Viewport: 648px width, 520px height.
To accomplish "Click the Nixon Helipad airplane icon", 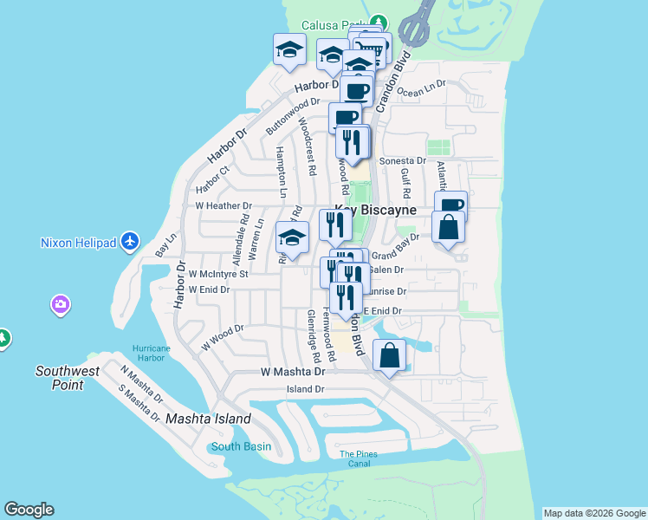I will click(x=130, y=240).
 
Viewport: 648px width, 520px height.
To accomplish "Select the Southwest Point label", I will click(x=60, y=378).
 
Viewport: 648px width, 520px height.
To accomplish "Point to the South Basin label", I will click(x=242, y=447).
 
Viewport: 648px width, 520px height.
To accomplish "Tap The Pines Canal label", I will click(x=360, y=458).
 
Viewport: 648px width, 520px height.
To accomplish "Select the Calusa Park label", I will click(x=334, y=24).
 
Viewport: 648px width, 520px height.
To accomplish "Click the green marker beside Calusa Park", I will click(x=378, y=22).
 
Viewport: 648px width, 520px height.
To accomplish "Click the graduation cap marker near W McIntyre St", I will click(x=292, y=239).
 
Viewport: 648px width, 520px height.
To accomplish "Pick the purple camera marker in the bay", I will click(x=61, y=304).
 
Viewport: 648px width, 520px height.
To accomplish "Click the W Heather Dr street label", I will click(x=223, y=205).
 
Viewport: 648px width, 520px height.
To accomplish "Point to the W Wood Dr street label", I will click(x=223, y=336).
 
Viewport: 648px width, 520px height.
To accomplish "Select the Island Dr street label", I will click(x=304, y=389).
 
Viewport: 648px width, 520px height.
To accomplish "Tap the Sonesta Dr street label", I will click(x=405, y=160).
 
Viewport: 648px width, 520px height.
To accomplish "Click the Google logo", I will click(x=29, y=510).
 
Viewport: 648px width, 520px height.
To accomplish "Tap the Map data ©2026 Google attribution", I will click(x=594, y=513).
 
